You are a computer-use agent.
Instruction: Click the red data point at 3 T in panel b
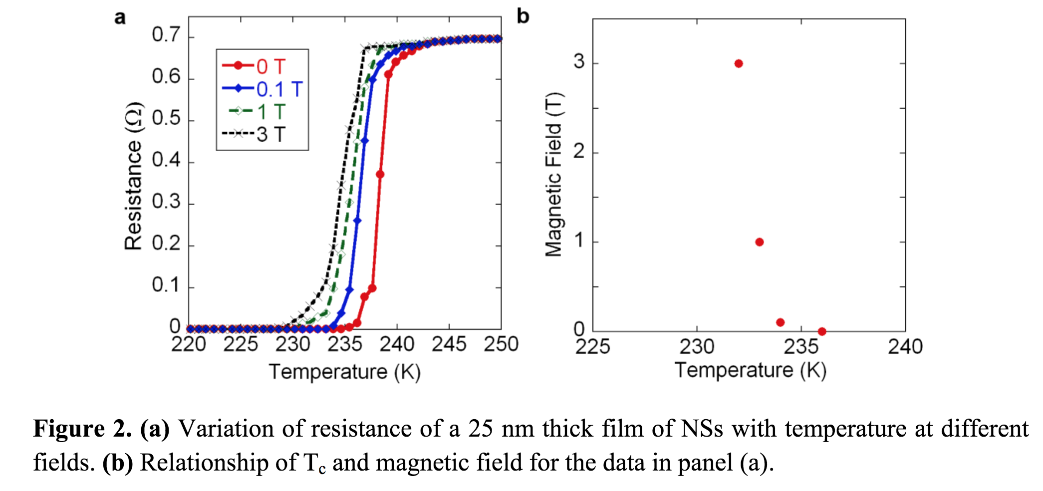click(739, 63)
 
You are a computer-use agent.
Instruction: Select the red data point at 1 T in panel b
click(760, 242)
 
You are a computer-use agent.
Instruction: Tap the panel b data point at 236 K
click(822, 331)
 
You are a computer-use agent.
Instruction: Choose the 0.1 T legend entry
click(262, 89)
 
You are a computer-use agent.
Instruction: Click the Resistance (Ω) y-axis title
click(133, 176)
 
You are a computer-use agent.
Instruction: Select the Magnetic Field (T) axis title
click(554, 174)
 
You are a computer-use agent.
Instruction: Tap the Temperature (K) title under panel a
click(344, 372)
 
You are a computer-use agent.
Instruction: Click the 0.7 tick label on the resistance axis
click(166, 35)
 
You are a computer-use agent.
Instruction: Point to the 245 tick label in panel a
click(449, 344)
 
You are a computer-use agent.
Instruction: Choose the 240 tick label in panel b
click(905, 346)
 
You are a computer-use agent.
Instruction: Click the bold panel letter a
click(120, 18)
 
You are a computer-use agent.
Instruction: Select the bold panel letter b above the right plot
click(522, 16)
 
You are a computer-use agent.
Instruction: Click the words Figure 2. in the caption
click(82, 429)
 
